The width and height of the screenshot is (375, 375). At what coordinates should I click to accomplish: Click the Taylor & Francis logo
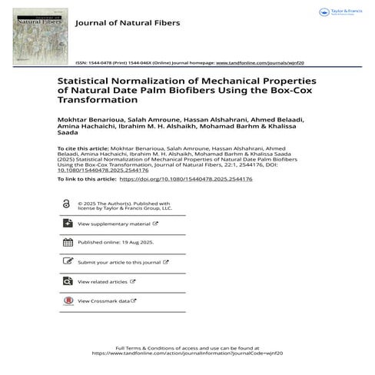point(340,12)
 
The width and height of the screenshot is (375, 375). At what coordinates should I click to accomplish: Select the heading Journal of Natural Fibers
point(127,23)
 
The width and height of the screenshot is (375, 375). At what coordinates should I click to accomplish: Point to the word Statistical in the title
point(86,81)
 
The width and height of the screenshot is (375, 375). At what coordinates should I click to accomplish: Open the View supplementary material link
point(114,224)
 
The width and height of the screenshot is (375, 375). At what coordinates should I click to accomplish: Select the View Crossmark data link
point(104,300)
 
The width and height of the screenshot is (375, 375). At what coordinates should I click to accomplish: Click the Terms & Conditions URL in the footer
point(187,353)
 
